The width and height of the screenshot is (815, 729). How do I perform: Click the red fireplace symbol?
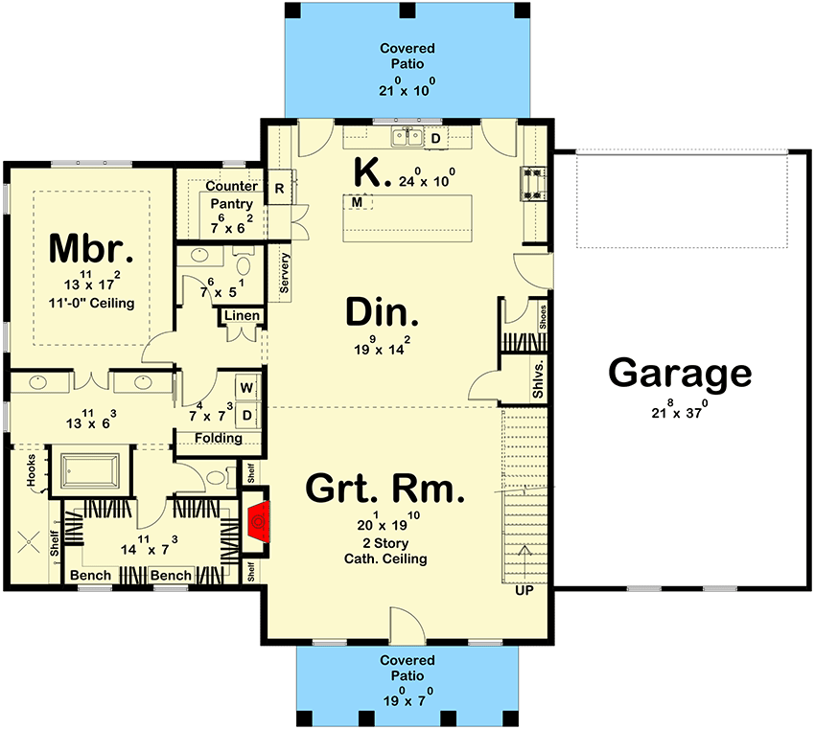[257, 523]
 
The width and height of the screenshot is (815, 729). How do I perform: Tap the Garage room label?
[680, 374]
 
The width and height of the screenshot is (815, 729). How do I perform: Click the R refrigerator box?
[279, 187]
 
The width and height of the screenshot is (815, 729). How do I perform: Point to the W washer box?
[245, 388]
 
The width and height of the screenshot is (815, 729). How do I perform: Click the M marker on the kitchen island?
[357, 202]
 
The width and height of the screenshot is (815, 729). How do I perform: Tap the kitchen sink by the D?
[413, 138]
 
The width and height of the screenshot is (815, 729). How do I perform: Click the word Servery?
[285, 272]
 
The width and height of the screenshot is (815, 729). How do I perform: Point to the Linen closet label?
[241, 316]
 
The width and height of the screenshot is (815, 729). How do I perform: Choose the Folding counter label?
[219, 438]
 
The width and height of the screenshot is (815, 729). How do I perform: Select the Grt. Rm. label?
[385, 490]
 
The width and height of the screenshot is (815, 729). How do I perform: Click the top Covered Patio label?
[407, 56]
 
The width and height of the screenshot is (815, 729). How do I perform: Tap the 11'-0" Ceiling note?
[91, 303]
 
